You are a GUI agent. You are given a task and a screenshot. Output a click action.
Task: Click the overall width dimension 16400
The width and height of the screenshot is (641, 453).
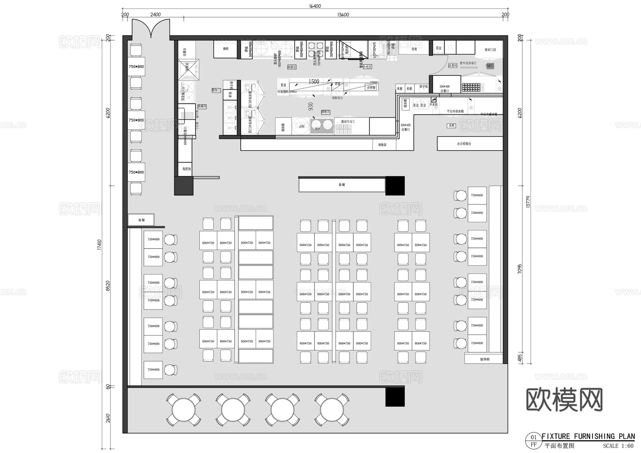[x=315, y=6]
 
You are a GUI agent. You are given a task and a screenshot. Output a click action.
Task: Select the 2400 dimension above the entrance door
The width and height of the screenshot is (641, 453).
[x=155, y=15]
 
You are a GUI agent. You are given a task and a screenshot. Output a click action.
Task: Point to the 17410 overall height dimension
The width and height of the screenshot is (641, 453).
[x=99, y=244]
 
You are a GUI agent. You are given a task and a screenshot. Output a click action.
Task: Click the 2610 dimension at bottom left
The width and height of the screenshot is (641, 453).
[x=108, y=417]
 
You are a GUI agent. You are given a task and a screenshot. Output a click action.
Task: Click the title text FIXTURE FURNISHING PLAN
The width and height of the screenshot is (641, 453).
[x=588, y=436]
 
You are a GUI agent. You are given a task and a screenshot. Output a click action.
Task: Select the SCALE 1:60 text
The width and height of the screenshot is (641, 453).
[x=618, y=446]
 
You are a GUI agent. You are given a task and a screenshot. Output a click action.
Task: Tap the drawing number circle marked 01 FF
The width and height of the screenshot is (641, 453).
[x=533, y=441]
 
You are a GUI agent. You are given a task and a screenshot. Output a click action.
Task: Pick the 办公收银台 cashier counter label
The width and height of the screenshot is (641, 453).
[x=464, y=144]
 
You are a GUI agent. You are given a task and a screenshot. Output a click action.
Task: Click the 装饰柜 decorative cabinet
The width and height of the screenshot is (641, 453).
[x=484, y=359]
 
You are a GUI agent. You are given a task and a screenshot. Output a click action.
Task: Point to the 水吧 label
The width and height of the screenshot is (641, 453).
[x=452, y=126]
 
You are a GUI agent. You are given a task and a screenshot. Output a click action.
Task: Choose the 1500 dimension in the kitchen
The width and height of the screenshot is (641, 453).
[x=314, y=82]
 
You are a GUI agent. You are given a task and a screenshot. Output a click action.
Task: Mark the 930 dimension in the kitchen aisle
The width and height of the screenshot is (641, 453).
[x=311, y=106]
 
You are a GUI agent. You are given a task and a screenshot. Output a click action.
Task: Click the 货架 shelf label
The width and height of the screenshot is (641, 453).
[x=414, y=49]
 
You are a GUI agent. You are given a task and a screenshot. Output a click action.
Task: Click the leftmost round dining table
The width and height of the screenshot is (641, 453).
[x=183, y=410]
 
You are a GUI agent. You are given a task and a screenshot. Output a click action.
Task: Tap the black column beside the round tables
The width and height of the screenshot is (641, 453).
[x=395, y=397]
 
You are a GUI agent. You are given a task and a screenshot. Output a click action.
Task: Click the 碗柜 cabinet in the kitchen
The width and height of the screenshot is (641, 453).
[x=225, y=49]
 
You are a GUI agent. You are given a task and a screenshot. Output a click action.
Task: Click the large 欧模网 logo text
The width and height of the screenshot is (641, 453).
[x=564, y=400]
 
